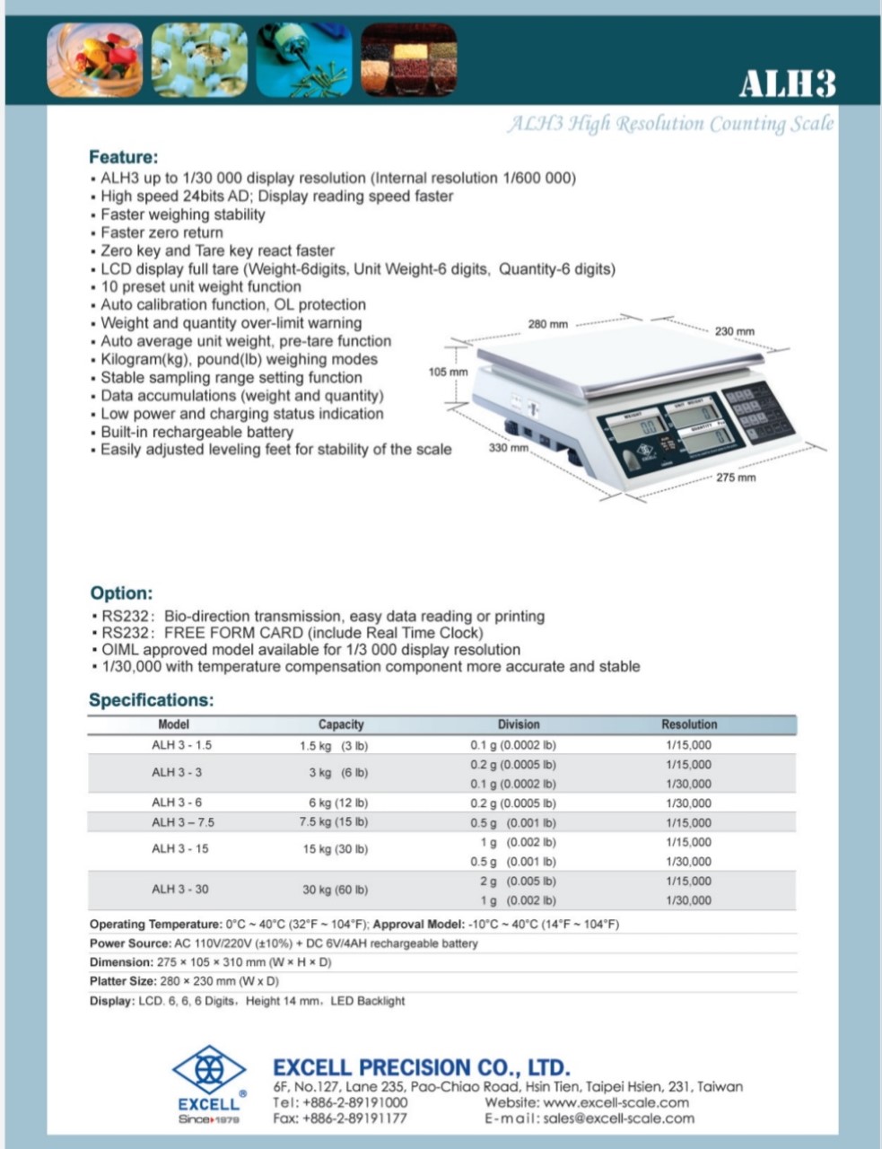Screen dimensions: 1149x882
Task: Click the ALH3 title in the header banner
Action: click(x=787, y=83)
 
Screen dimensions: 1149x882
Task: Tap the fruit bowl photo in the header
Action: click(x=94, y=60)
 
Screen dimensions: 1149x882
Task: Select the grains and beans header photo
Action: click(x=408, y=60)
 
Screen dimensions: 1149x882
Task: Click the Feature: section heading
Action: click(x=124, y=157)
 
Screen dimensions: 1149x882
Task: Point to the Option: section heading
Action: click(x=121, y=593)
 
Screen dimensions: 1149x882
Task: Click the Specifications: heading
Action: click(x=152, y=700)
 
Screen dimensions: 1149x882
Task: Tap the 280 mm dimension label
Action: click(x=547, y=324)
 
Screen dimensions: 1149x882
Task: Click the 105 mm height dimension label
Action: click(x=448, y=372)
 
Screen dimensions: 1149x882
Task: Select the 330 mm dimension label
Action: click(x=508, y=448)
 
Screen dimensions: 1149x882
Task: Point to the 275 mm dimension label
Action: click(x=736, y=478)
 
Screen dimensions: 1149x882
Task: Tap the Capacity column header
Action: click(x=341, y=724)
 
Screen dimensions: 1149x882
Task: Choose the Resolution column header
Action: click(x=689, y=724)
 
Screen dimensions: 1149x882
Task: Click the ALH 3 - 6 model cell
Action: click(x=177, y=803)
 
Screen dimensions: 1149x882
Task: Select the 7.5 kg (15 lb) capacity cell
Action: click(x=334, y=822)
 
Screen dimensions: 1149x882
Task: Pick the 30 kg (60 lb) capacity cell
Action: click(x=335, y=890)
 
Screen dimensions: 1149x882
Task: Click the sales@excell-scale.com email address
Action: click(x=619, y=1118)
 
